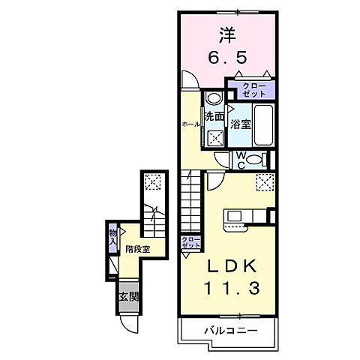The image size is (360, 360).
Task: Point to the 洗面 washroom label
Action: pos(214,116)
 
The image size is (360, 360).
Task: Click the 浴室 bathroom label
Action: pos(241,124)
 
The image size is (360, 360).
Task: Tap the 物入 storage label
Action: pos(113,237)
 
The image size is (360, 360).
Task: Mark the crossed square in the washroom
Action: pos(214,138)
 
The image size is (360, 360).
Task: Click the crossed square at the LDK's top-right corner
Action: pos(263,181)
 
